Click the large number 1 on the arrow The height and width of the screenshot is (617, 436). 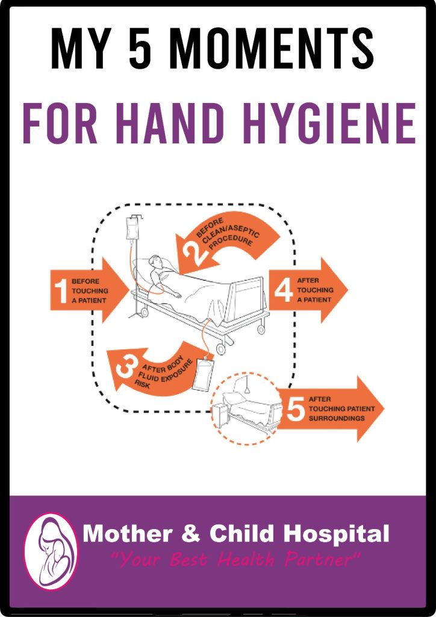pyautogui.click(x=61, y=290)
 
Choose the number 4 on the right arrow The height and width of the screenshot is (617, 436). pyautogui.click(x=284, y=290)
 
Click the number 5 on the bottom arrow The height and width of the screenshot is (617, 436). pyautogui.click(x=295, y=409)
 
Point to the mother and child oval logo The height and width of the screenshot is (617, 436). pyautogui.click(x=51, y=551)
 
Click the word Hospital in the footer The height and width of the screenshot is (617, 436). pyautogui.click(x=336, y=534)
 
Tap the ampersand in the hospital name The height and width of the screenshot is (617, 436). pyautogui.click(x=191, y=534)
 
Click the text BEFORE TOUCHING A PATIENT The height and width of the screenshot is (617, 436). pyautogui.click(x=89, y=291)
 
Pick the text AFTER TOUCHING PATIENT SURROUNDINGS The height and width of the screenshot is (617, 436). pyautogui.click(x=341, y=409)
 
